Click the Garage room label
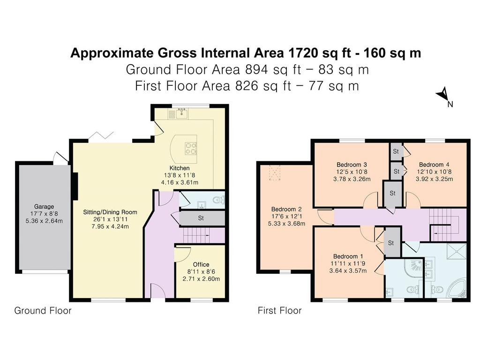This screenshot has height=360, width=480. [x=44, y=207]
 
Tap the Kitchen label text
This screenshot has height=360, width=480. [x=180, y=168]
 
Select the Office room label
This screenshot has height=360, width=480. [x=201, y=264]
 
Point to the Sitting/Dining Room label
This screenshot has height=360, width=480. [x=110, y=212]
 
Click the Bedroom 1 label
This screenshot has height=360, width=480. [x=348, y=256]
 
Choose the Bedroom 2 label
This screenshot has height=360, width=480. [x=286, y=210]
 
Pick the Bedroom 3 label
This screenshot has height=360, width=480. [x=352, y=165]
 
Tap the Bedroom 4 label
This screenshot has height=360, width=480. [x=434, y=165]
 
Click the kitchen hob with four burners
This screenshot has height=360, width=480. [x=190, y=149]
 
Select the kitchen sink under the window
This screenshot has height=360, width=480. [x=182, y=113]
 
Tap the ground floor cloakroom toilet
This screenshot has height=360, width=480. [x=218, y=200]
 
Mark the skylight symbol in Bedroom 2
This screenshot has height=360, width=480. [x=275, y=173]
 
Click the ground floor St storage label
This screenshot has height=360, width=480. [x=201, y=218]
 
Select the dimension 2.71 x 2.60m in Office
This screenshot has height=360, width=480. [x=201, y=279]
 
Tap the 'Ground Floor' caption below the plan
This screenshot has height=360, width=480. [x=43, y=311]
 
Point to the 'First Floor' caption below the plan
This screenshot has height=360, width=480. [x=280, y=311]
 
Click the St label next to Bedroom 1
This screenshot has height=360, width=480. [x=391, y=243]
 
